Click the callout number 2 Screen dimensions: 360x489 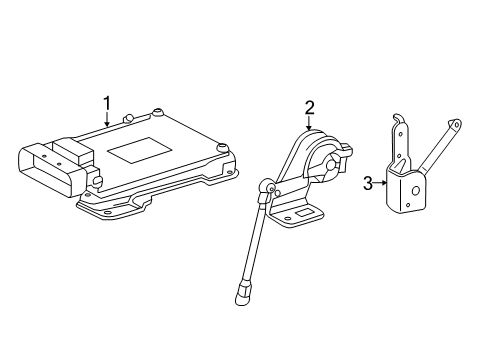[x=310, y=107]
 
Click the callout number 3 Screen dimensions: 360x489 [x=367, y=182]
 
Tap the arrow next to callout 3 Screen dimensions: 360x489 [x=382, y=182]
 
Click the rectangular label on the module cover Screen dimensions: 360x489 [x=138, y=151]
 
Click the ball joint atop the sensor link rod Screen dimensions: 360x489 [x=268, y=186]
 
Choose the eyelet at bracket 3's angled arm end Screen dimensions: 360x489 [x=457, y=125]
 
